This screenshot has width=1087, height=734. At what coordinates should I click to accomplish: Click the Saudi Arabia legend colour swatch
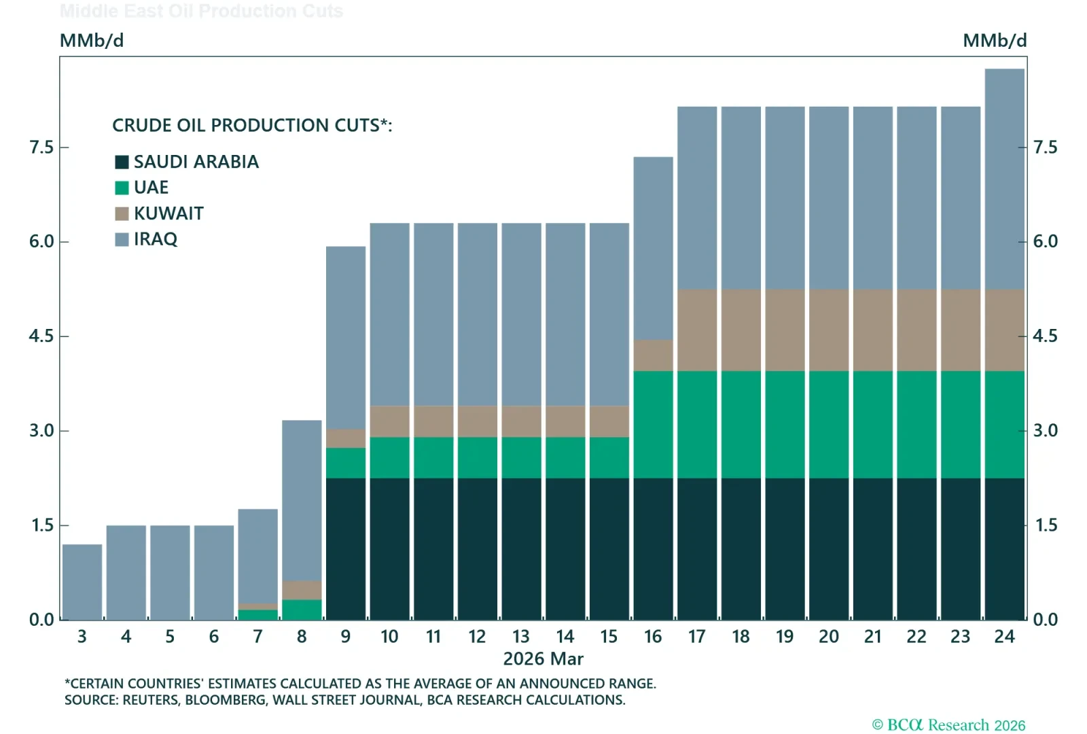click(x=122, y=162)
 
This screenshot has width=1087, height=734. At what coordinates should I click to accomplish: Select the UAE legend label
click(x=151, y=188)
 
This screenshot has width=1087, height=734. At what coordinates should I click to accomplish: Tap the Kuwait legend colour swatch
click(x=122, y=214)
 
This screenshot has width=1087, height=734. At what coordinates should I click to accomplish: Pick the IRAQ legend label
click(x=155, y=239)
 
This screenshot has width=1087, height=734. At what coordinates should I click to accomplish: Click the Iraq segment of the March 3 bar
click(x=82, y=582)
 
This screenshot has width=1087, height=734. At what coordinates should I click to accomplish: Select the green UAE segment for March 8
click(x=302, y=610)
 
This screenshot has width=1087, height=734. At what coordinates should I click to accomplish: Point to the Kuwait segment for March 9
click(x=346, y=438)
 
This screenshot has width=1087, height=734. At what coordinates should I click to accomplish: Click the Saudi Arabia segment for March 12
click(x=478, y=548)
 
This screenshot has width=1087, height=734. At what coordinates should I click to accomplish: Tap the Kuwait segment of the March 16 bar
click(x=653, y=355)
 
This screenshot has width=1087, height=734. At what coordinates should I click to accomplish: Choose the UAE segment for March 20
click(x=829, y=424)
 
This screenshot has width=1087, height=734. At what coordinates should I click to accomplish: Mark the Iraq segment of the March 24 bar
click(x=1004, y=179)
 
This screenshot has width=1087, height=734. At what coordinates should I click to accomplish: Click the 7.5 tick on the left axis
click(x=41, y=147)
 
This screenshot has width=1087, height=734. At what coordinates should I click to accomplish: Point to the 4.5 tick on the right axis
click(x=1045, y=336)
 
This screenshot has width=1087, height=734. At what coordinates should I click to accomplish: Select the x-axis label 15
click(x=609, y=637)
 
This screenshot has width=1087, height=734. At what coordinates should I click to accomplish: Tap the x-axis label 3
click(x=82, y=637)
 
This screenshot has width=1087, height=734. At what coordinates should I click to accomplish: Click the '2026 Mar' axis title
click(x=543, y=659)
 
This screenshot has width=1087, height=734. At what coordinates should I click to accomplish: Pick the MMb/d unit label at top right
click(x=994, y=41)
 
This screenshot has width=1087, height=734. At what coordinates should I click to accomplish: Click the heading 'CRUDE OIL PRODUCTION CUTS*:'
click(x=252, y=126)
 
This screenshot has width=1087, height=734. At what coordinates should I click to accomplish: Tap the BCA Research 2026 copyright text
click(x=948, y=724)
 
